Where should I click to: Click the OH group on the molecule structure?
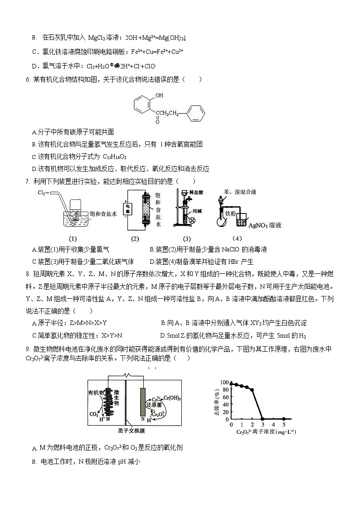click(x=159, y=96)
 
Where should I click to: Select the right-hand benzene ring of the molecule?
click(x=195, y=113)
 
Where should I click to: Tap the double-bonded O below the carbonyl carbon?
click(x=157, y=121)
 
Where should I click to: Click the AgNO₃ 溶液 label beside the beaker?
click(x=271, y=225)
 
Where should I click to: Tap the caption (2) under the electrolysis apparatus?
click(x=135, y=239)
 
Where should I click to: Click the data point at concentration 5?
click(x=284, y=419)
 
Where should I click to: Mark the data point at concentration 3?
click(x=263, y=419)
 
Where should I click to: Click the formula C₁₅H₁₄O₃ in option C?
click(x=115, y=156)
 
